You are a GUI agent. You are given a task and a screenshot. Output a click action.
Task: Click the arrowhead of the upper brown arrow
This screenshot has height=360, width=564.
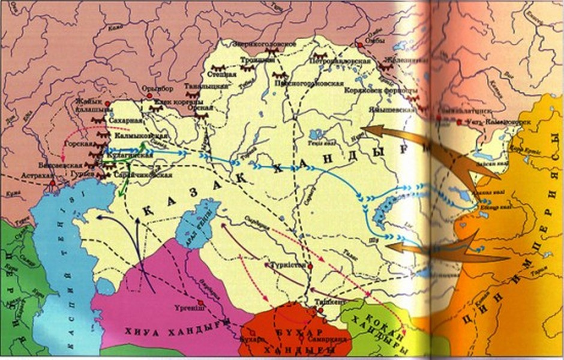click(365, 129)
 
